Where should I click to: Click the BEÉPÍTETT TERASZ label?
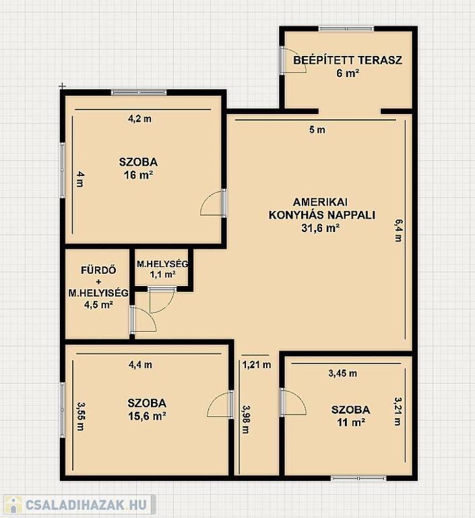click(x=348, y=60)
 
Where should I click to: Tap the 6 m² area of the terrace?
click(x=348, y=73)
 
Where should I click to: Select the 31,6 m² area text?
click(x=321, y=228)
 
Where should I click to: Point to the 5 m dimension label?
click(x=317, y=129)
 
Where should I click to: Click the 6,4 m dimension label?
click(x=398, y=230)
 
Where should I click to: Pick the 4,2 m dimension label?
click(x=139, y=119)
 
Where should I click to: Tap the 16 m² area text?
click(x=138, y=175)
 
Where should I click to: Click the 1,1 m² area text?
click(x=163, y=275)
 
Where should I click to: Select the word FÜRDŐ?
click(x=98, y=270)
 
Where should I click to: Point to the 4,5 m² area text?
click(x=98, y=304)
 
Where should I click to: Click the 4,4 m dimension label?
click(x=140, y=365)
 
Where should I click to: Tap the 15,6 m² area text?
click(x=147, y=416)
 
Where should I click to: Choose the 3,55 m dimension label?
click(x=81, y=416)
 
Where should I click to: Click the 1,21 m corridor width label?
click(x=257, y=365)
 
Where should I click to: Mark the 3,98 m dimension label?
click(x=246, y=420)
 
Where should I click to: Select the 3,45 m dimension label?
click(x=343, y=373)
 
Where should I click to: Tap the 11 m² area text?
click(x=350, y=422)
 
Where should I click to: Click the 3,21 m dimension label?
click(x=398, y=411)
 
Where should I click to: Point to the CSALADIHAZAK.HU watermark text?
click(x=86, y=504)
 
